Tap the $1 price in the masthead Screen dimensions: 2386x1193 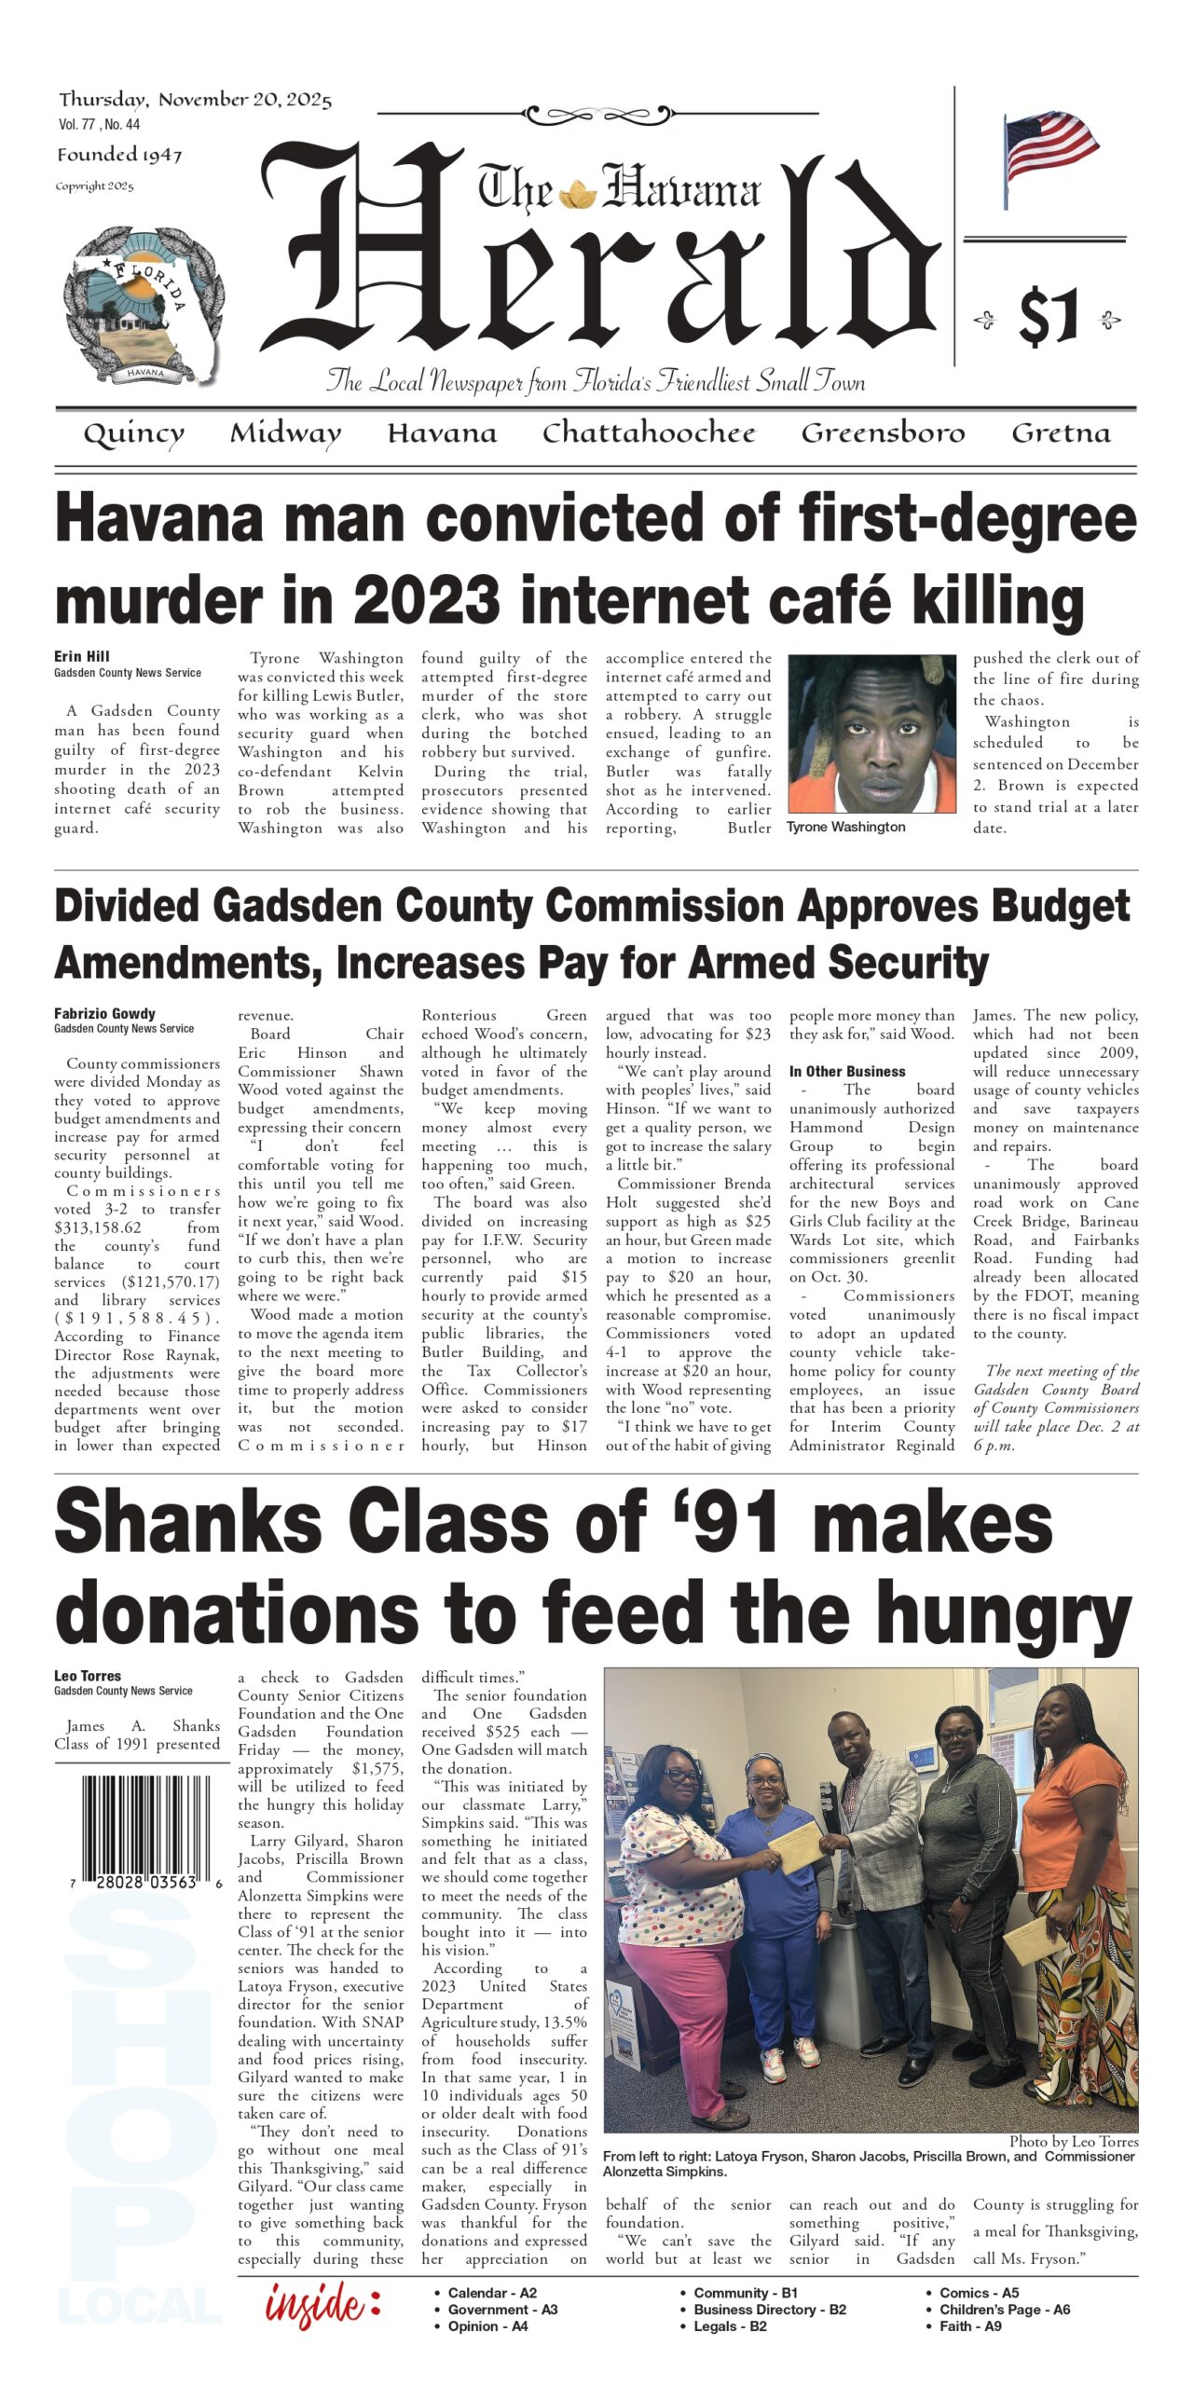(x=1049, y=318)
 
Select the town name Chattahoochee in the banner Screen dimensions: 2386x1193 (x=649, y=433)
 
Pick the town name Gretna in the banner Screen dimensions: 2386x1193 (x=1061, y=433)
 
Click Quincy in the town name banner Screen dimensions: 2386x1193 (x=133, y=434)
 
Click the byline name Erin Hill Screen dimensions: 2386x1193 (x=82, y=656)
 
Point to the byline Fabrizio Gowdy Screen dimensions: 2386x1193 (x=104, y=1013)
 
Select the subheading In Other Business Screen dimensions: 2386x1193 (x=848, y=1072)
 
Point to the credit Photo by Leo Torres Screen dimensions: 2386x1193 (x=1073, y=2142)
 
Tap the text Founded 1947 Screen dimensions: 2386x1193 (x=119, y=156)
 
